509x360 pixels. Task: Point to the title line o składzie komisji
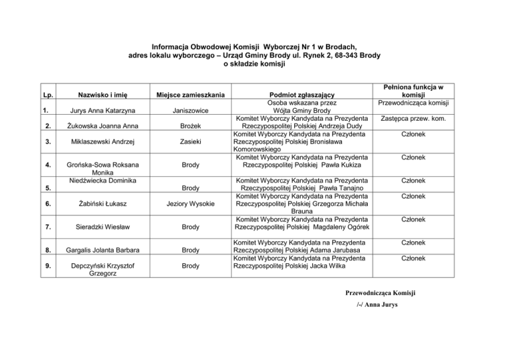click(254, 64)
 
